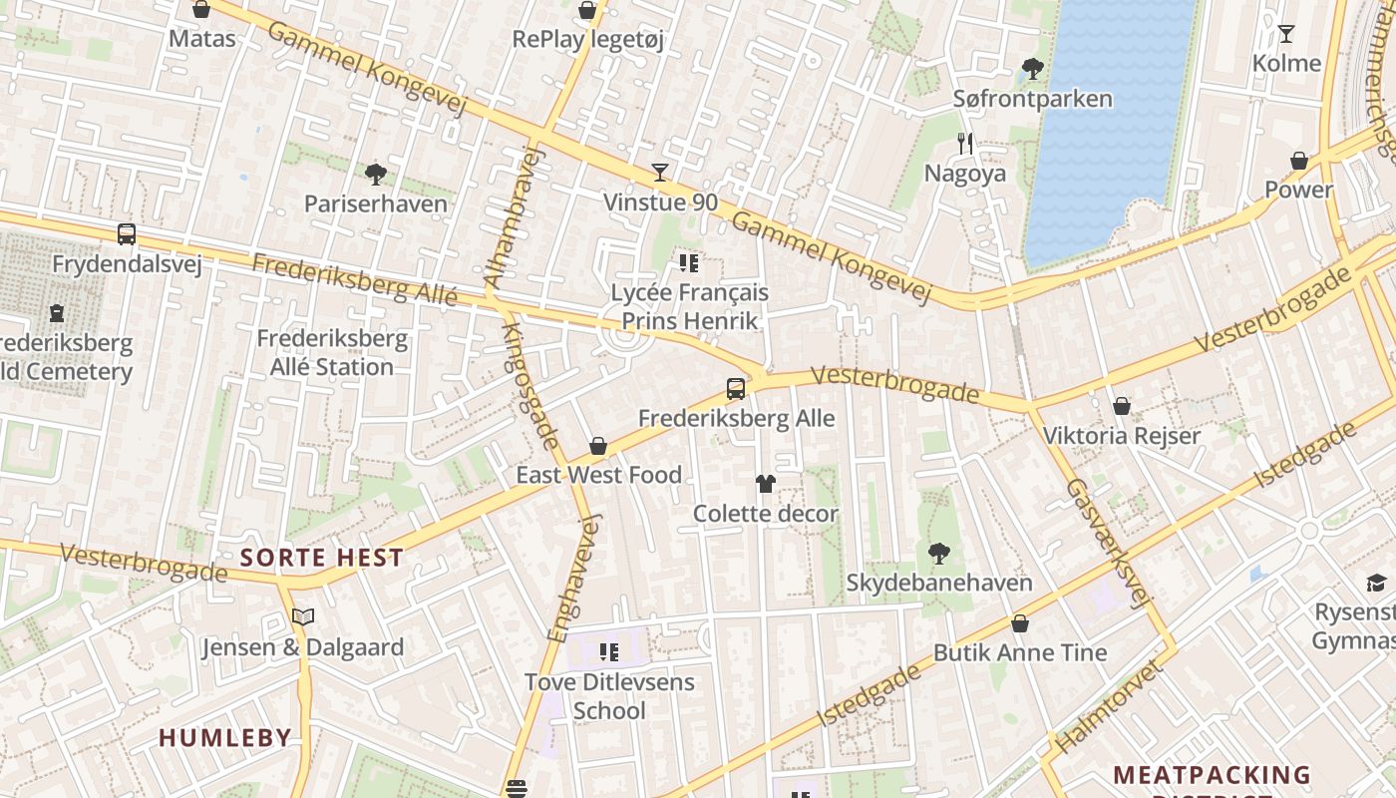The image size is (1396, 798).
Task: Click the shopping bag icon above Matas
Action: [x=201, y=10]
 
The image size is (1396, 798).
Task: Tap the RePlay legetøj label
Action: [x=587, y=39]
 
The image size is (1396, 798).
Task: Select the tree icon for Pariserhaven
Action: [x=376, y=175]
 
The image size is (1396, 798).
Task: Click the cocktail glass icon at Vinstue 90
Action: [x=659, y=173]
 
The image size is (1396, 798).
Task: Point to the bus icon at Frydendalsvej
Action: [x=127, y=234]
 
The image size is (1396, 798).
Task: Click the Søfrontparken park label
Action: [x=1032, y=99]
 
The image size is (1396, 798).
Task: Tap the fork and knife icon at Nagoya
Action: [x=964, y=144]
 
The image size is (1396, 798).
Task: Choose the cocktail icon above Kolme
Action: [x=1286, y=34]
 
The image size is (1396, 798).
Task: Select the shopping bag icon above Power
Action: [x=1299, y=161]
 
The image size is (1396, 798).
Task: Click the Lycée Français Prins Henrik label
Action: [x=689, y=306]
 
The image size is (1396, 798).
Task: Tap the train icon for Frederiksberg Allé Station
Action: [x=57, y=313]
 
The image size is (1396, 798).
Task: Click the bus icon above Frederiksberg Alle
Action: [x=736, y=389]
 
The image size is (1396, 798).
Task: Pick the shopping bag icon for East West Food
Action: [x=598, y=446]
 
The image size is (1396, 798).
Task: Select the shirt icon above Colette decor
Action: [x=765, y=484]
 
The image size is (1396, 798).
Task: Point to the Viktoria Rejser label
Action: [x=1121, y=436]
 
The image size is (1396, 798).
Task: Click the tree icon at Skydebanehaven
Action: [x=938, y=553]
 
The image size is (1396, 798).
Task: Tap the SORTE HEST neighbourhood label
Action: [x=322, y=558]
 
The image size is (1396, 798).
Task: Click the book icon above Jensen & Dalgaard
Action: [x=303, y=617]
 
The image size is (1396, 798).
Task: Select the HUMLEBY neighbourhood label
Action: [x=225, y=738]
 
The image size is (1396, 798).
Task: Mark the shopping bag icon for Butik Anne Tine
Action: [x=1020, y=623]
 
